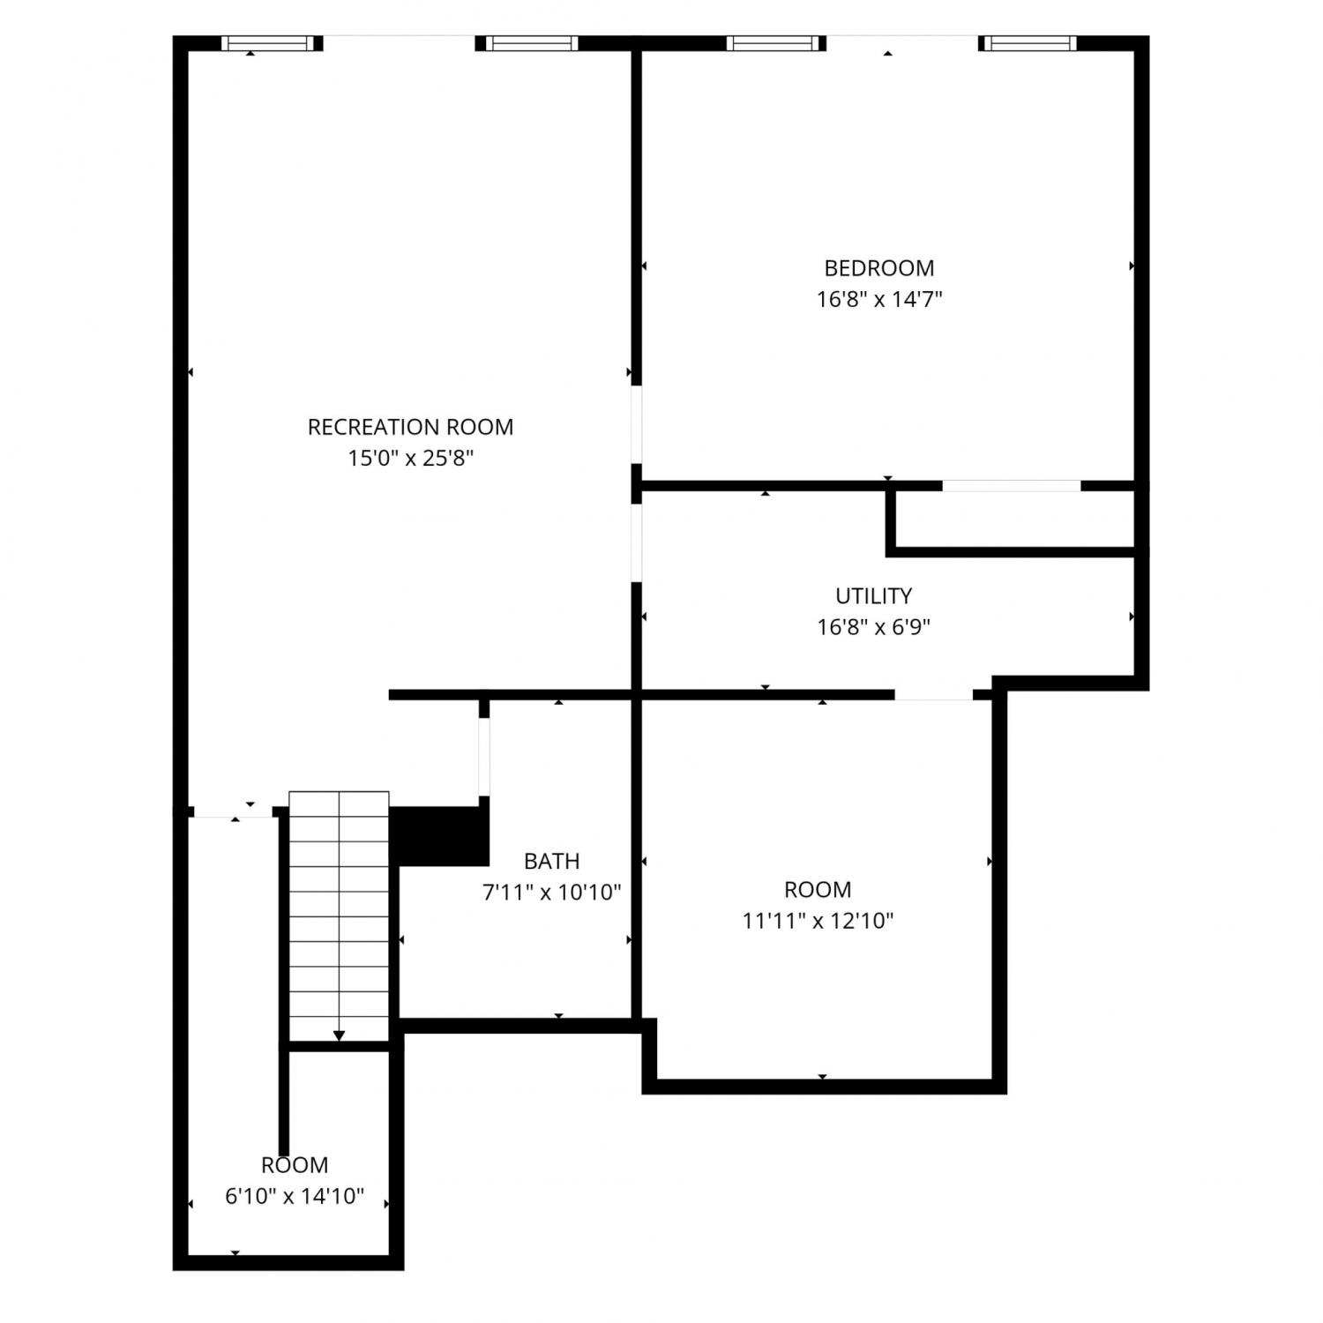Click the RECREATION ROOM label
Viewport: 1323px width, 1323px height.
[410, 427]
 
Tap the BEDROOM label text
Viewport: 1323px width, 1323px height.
[879, 268]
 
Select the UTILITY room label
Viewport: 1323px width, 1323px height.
[874, 596]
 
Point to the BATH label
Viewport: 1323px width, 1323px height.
[552, 861]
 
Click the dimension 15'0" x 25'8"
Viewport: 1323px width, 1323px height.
[411, 459]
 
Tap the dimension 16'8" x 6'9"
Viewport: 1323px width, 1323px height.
[874, 627]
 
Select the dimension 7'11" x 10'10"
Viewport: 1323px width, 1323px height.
[552, 893]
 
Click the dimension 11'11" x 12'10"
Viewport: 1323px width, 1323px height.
[818, 921]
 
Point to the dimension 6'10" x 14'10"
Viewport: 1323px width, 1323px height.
[295, 1197]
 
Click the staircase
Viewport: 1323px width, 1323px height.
[340, 916]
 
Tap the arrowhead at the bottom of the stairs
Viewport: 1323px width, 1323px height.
[340, 1035]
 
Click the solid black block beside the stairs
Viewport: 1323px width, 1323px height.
[439, 835]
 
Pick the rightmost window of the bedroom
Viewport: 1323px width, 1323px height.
[1030, 43]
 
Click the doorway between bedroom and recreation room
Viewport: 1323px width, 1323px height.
[636, 424]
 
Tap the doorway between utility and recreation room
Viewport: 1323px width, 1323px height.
[636, 542]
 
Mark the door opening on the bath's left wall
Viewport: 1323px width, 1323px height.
[484, 757]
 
